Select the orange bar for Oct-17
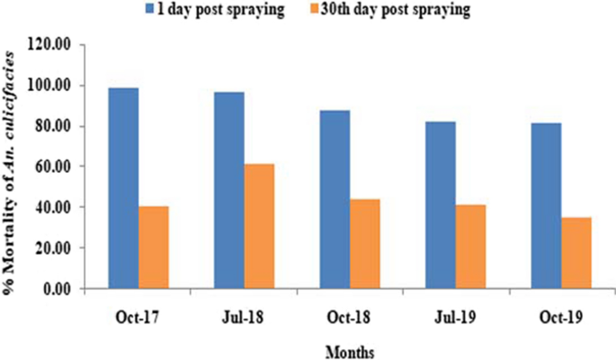[154, 247]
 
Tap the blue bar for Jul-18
[228, 190]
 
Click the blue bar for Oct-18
[334, 199]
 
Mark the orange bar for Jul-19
[469, 246]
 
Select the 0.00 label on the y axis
[65, 288]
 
